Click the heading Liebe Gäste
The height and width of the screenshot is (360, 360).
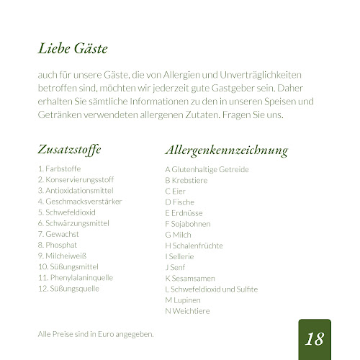pyautogui.click(x=73, y=50)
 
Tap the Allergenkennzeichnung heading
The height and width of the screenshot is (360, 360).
pyautogui.click(x=226, y=150)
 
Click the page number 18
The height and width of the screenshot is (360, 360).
pyautogui.click(x=315, y=338)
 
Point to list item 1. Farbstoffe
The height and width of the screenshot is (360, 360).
pyautogui.click(x=59, y=169)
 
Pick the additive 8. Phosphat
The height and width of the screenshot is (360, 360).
pyautogui.click(x=58, y=245)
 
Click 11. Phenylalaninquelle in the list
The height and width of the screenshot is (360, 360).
pyautogui.click(x=76, y=277)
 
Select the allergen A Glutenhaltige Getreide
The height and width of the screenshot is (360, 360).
pyautogui.click(x=207, y=169)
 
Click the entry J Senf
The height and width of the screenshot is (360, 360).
pyautogui.click(x=175, y=266)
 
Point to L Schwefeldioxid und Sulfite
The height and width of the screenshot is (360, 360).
pyautogui.click(x=211, y=289)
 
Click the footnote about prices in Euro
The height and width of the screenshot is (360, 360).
pyautogui.click(x=96, y=334)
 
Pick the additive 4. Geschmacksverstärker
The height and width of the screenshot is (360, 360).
pyautogui.click(x=80, y=202)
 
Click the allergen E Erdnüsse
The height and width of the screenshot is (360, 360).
pyautogui.click(x=184, y=212)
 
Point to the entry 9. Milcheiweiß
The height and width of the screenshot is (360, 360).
pyautogui.click(x=63, y=256)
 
